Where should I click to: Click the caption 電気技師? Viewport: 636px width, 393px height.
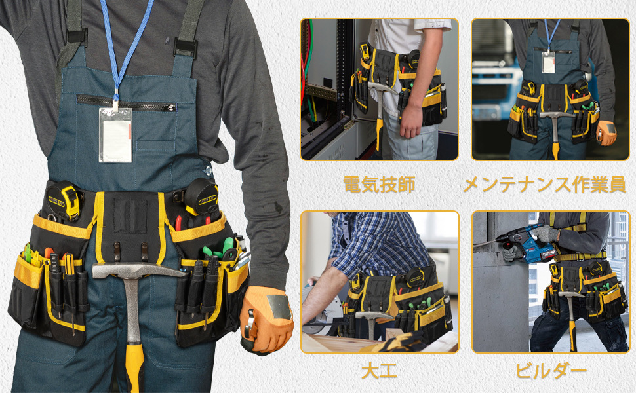tap(380, 184)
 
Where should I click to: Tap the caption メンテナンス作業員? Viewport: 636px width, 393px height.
tap(544, 184)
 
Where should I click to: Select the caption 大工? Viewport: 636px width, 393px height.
tap(379, 371)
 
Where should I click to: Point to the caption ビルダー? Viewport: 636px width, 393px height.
tap(551, 371)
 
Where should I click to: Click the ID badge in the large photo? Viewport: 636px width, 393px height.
tap(115, 136)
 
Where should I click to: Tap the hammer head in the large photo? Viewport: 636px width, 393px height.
tap(134, 271)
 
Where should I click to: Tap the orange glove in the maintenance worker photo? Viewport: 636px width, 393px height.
tap(606, 133)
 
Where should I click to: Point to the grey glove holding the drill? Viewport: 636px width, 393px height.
tap(545, 234)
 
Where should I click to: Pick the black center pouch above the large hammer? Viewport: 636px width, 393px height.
tap(130, 223)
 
